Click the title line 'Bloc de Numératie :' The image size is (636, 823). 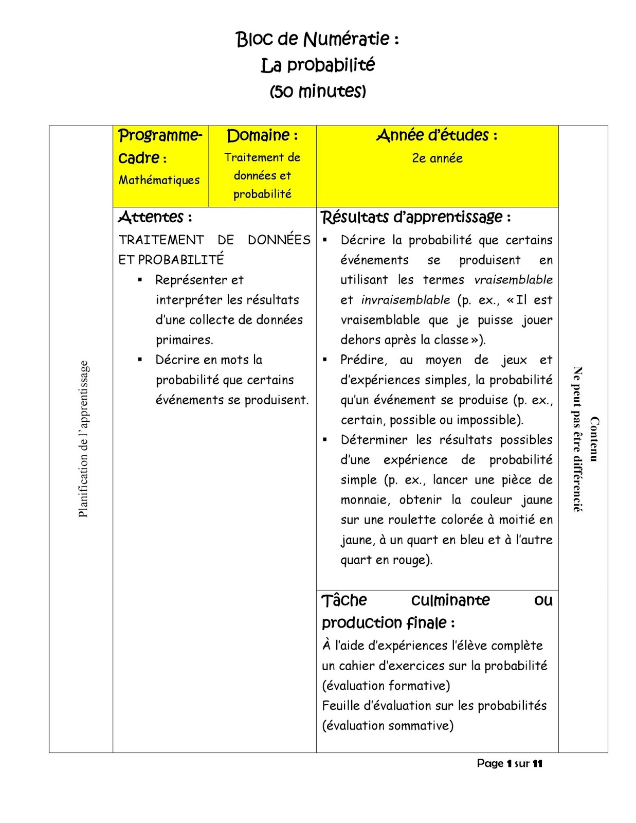pyautogui.click(x=317, y=39)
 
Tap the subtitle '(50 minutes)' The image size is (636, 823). pyautogui.click(x=318, y=92)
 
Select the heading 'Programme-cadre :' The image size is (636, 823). pyautogui.click(x=160, y=146)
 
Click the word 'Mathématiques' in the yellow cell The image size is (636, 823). pyautogui.click(x=159, y=180)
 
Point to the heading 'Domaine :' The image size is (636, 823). pyautogui.click(x=262, y=135)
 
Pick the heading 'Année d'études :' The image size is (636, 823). pyautogui.click(x=437, y=135)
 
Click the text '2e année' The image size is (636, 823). pyautogui.click(x=437, y=158)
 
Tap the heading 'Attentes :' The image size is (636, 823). pyautogui.click(x=155, y=217)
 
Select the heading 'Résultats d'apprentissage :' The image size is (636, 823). pyautogui.click(x=415, y=217)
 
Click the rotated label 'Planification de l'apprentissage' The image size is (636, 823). pyautogui.click(x=83, y=439)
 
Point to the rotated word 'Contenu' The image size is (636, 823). pyautogui.click(x=594, y=439)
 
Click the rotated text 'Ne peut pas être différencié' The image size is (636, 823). pyautogui.click(x=577, y=439)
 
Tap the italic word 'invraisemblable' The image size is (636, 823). pyautogui.click(x=405, y=300)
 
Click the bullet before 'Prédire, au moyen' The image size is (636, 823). pyautogui.click(x=325, y=360)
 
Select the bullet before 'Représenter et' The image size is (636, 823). pyautogui.click(x=140, y=280)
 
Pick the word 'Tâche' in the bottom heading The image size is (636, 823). pyautogui.click(x=344, y=600)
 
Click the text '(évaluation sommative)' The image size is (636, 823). pyautogui.click(x=388, y=726)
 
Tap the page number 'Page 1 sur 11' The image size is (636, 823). pyautogui.click(x=509, y=763)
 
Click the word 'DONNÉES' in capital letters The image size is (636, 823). pyautogui.click(x=279, y=240)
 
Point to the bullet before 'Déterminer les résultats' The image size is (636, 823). pyautogui.click(x=325, y=440)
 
